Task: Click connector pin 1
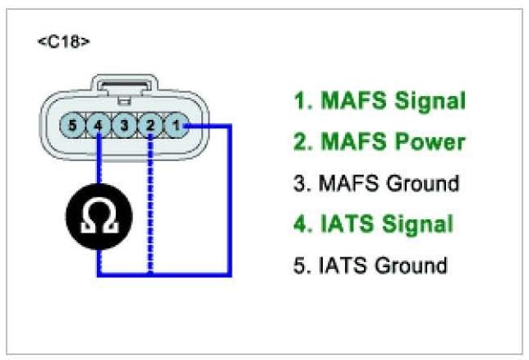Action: coord(177,126)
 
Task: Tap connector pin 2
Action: coord(150,126)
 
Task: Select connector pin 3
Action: coord(125,126)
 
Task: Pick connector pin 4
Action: coord(99,126)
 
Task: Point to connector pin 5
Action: coord(73,126)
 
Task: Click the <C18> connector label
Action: coord(63,41)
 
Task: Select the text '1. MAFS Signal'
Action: coord(379,101)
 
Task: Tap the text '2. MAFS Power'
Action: coord(379,142)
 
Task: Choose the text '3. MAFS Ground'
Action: coord(375,183)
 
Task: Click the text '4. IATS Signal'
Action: coord(373,224)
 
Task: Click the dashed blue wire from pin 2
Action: coord(150,205)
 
